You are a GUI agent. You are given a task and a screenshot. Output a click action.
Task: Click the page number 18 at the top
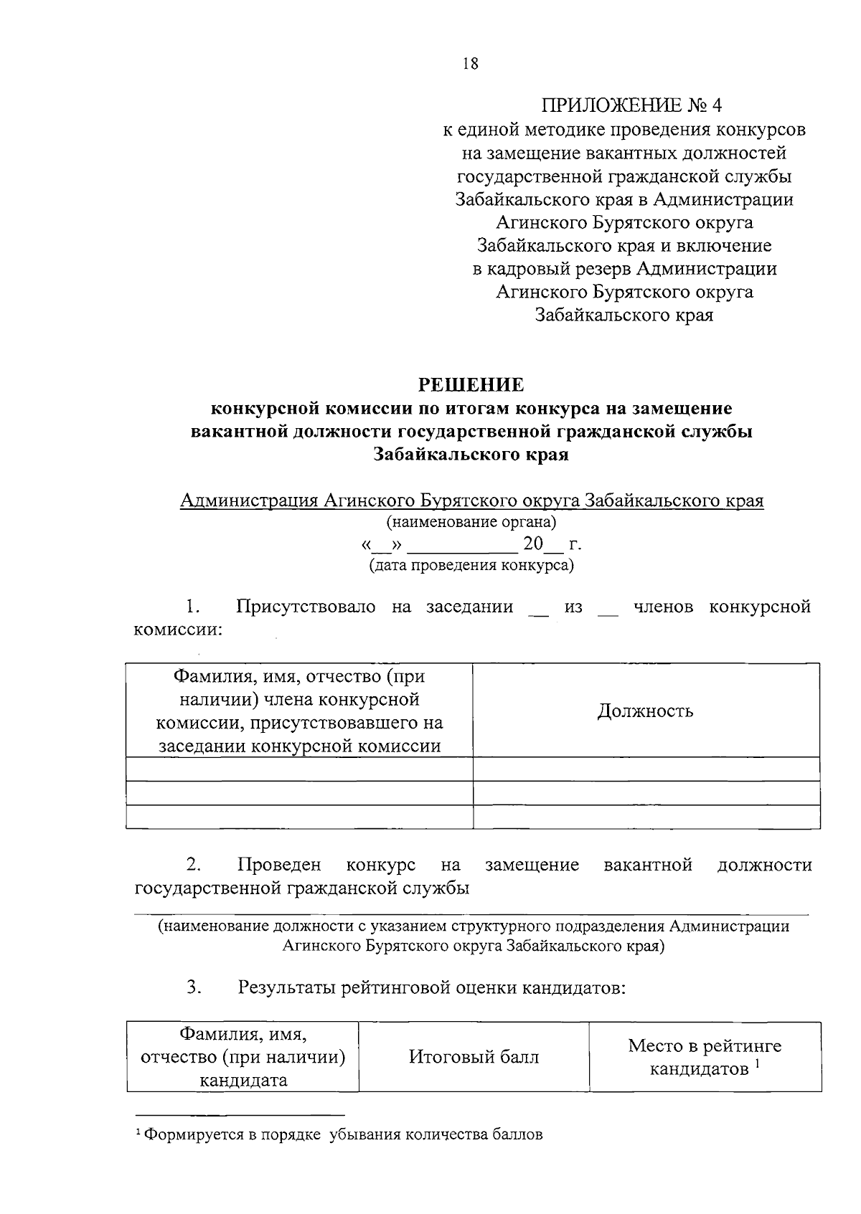[471, 64]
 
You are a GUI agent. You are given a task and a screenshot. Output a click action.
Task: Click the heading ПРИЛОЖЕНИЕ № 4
[631, 106]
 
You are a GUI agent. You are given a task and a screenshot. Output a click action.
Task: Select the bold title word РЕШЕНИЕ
[471, 385]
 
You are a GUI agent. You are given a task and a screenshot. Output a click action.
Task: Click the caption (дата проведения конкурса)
[471, 566]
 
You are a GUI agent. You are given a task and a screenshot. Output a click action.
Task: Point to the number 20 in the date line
[533, 544]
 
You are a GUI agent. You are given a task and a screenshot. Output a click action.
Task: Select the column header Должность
[646, 711]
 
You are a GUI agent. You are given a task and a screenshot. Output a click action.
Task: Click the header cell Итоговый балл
[474, 1056]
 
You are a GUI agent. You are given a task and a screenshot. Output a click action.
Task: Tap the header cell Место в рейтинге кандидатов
[705, 1056]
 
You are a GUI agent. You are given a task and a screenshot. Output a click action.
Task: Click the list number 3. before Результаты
[193, 987]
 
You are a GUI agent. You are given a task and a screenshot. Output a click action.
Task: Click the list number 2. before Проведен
[193, 865]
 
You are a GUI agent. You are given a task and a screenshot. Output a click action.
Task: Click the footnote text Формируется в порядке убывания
[343, 1135]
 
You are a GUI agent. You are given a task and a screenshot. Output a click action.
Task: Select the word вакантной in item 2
[648, 865]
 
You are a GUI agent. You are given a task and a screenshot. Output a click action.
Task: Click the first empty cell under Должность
[646, 769]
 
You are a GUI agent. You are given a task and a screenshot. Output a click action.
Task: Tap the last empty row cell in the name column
[299, 817]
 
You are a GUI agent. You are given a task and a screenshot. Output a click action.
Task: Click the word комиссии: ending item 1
[178, 630]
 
